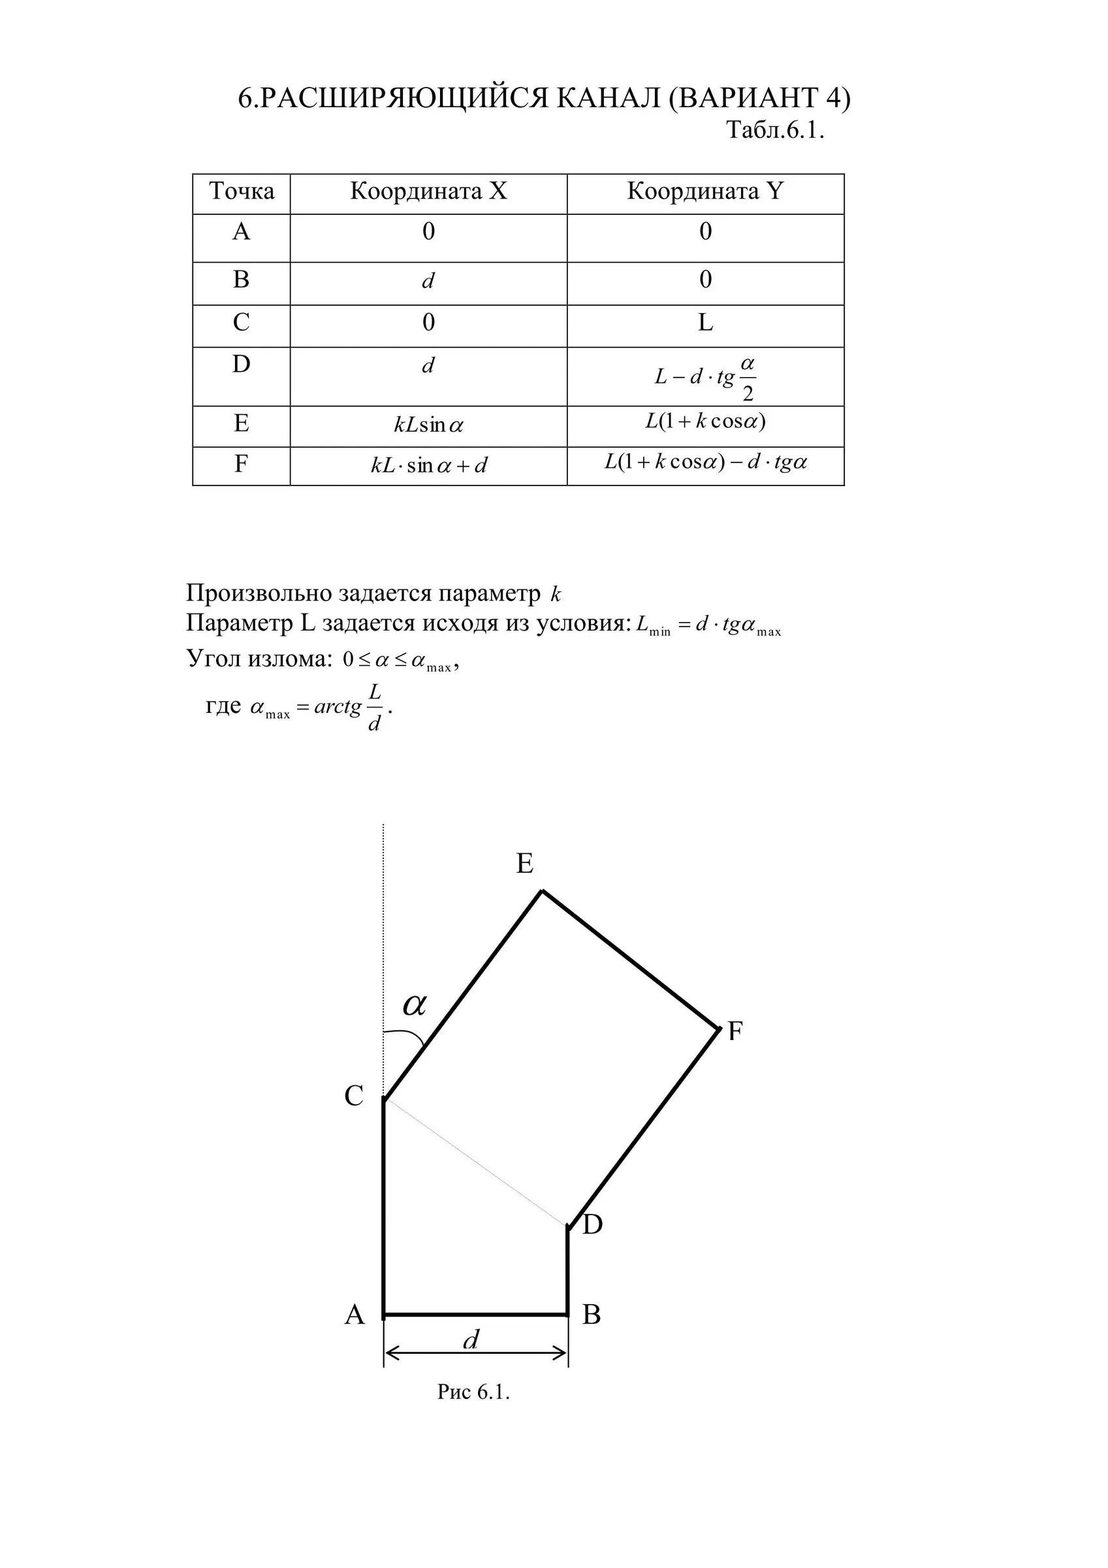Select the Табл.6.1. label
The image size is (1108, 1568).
[x=775, y=130]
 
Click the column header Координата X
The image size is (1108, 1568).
[x=429, y=191]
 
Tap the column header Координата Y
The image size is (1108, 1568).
[x=705, y=191]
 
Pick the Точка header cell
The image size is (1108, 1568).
[x=242, y=191]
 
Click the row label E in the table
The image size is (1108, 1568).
[x=241, y=424]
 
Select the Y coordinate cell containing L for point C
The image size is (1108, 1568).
[x=705, y=322]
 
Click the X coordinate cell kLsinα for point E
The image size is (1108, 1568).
[x=429, y=425]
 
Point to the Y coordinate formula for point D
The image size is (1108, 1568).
[x=705, y=377]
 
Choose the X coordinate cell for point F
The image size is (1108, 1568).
[x=429, y=466]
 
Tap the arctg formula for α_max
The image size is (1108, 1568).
[x=321, y=708]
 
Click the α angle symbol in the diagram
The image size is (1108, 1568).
[x=415, y=1005]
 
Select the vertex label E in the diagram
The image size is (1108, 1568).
[x=524, y=864]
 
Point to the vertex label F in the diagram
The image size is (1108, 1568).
[x=735, y=1030]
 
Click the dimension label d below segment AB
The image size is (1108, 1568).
[x=471, y=1340]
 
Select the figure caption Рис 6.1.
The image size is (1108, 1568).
[x=474, y=1392]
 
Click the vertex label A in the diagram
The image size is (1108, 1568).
[x=355, y=1314]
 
